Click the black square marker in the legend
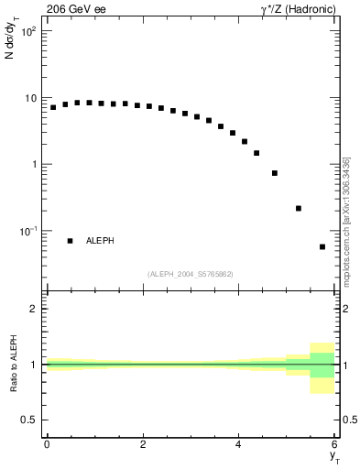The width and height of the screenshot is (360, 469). tap(70, 241)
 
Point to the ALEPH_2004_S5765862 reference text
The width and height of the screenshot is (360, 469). tap(191, 274)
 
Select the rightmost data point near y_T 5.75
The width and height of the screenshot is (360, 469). tap(322, 246)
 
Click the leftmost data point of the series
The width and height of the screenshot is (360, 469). tap(53, 107)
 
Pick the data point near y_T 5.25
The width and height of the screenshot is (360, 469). tap(299, 208)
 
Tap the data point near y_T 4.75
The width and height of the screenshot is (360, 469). tap(275, 172)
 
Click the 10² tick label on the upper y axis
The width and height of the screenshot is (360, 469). tap(27, 32)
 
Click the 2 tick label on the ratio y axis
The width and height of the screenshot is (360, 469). tap(34, 309)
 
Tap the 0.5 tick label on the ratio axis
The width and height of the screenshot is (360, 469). tap(29, 420)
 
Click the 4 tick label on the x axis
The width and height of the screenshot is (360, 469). tap(239, 444)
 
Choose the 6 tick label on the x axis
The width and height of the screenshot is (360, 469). tap(335, 444)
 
